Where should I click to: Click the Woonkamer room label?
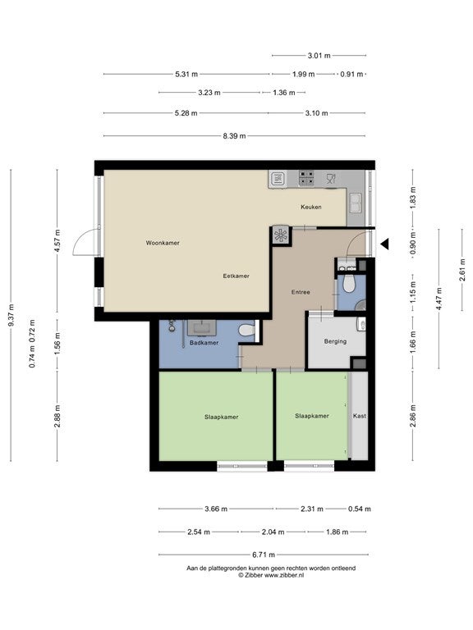point(163,243)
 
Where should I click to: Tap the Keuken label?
point(311,207)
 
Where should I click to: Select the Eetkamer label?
point(236,276)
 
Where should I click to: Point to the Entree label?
point(301,292)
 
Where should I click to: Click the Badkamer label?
point(204,343)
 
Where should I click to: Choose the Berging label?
point(335,341)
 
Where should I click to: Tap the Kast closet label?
point(359,416)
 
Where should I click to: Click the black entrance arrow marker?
point(385,244)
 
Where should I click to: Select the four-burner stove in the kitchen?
point(306,178)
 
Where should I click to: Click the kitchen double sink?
point(355,203)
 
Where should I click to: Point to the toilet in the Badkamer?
point(246,331)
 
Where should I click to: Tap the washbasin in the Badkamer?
point(201,327)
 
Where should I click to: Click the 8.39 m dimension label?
point(234,136)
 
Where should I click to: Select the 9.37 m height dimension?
point(11,315)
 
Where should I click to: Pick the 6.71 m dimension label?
point(264,555)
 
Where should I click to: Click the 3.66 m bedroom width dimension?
point(216,509)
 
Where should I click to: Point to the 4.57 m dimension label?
point(57,240)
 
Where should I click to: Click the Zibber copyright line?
point(271,575)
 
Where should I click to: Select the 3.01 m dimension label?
point(319,56)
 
